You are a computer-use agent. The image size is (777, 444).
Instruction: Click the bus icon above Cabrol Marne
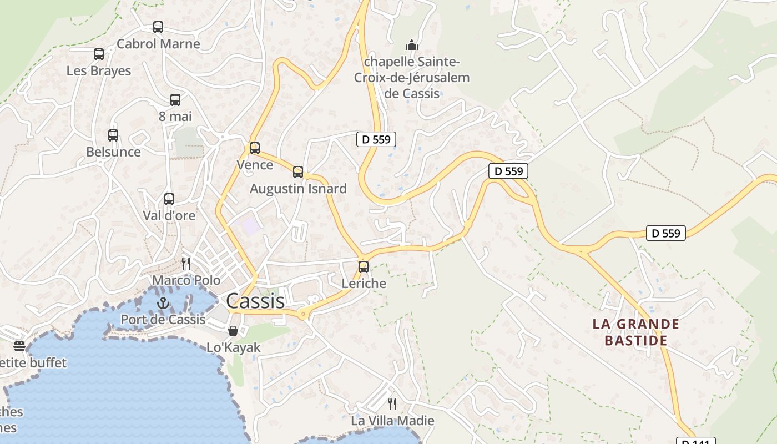[158, 27]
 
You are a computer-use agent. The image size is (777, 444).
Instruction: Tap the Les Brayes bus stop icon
[99, 54]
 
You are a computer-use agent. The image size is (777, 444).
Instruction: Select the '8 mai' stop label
[175, 117]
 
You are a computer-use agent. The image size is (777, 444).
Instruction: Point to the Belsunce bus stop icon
[113, 135]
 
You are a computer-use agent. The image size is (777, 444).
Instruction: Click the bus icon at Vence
[255, 148]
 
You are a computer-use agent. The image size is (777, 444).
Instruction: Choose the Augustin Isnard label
[298, 189]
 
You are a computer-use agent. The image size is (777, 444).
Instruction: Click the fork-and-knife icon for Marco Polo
[186, 263]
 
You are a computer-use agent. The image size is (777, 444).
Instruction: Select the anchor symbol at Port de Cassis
[163, 303]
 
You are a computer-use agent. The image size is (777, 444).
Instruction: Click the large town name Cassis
[255, 301]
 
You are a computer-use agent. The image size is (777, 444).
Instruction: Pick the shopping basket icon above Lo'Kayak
[233, 331]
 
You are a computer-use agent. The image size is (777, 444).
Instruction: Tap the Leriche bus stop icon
[364, 267]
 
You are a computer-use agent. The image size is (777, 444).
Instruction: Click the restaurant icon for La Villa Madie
[392, 403]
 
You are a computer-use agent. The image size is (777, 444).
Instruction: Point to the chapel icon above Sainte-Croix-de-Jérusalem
[411, 45]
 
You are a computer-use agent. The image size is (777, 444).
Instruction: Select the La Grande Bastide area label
[636, 332]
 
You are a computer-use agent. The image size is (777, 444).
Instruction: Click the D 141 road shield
[695, 441]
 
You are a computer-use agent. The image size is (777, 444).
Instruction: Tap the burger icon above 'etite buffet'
[19, 346]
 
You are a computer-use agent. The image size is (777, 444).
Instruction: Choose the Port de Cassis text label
[163, 320]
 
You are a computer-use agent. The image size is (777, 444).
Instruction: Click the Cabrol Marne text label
[158, 44]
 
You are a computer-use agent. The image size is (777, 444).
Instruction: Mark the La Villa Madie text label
[392, 421]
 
